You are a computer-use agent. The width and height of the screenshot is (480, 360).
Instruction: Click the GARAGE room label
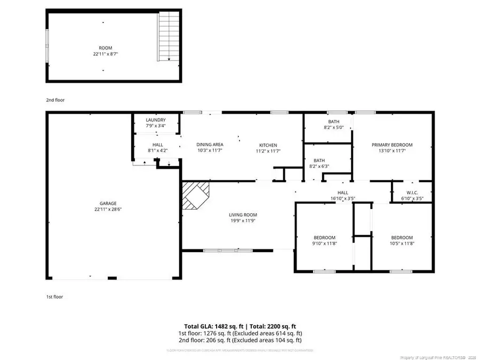108,203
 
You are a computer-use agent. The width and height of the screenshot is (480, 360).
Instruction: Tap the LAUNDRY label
156,120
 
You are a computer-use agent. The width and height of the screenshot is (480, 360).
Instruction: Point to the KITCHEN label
268,145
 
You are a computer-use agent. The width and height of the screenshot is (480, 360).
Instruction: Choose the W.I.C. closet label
411,193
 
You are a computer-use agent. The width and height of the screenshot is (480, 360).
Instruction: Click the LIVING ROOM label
243,214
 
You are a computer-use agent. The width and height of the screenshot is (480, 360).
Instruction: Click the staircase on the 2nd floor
168,37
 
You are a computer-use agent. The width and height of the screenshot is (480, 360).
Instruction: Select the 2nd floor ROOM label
106,48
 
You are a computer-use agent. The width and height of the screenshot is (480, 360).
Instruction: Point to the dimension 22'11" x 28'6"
108,210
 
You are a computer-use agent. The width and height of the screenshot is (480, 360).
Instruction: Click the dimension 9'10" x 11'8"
324,244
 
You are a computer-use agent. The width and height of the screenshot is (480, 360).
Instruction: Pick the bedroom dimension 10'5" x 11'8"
402,244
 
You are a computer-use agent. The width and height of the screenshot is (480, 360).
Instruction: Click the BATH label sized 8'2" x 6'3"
319,160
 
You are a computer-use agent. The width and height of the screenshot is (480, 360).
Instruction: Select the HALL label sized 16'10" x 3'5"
343,193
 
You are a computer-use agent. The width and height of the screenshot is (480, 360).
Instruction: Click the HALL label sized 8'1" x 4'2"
158,145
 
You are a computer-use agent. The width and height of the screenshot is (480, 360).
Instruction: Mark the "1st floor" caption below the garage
54,297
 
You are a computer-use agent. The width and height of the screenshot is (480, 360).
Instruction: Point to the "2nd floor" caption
55,100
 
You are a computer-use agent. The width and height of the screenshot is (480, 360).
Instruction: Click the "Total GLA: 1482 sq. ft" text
209,326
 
